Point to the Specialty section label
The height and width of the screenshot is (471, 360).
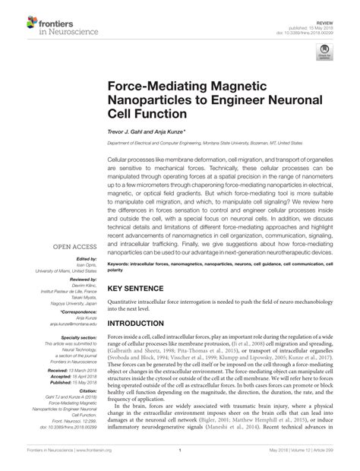71,313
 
